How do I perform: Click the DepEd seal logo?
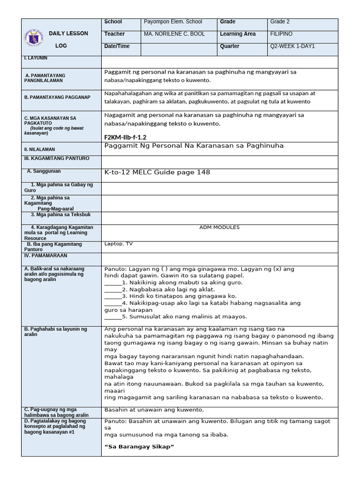34,37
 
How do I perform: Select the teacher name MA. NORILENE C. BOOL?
174,34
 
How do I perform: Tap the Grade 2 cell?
280,22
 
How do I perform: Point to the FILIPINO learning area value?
281,34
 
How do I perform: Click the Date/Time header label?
117,46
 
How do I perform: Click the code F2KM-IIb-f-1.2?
125,137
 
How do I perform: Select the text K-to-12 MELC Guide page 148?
157,172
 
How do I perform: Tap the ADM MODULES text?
219,227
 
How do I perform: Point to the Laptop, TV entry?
118,244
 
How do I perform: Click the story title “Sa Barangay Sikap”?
139,447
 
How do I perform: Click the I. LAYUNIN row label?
36,58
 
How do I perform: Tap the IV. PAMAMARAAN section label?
45,256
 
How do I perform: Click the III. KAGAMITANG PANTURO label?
56,158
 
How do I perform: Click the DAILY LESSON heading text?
68,34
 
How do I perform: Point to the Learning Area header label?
238,34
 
